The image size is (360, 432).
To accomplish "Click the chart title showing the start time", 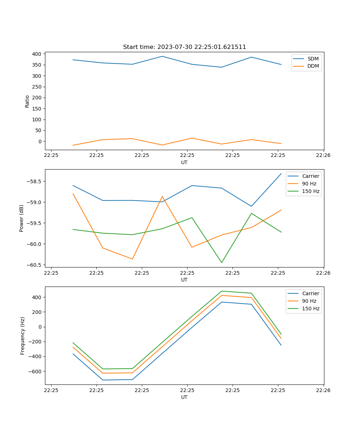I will pos(184,47).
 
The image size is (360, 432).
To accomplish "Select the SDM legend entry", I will pos(313,59).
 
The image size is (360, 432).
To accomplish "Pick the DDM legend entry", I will pos(313,66).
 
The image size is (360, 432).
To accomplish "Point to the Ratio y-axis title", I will pos(27,102).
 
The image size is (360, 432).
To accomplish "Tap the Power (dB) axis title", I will pos(22,218).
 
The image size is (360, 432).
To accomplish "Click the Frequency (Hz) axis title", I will pos(23,336).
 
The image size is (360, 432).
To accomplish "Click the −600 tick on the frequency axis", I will pos(35,372).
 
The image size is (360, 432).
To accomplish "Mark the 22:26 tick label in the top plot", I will pos(323,156).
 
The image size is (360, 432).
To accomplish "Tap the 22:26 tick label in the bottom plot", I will pos(323,390).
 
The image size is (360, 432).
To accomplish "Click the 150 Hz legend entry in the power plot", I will pos(311,192).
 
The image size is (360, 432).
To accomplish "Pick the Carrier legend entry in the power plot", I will pos(311,176).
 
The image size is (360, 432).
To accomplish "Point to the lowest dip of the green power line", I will pos(221,262).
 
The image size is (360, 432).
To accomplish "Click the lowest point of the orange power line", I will pos(132,259).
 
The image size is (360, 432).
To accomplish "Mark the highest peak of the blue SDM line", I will pos(162,56).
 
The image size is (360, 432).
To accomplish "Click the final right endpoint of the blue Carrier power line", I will pos(281,174).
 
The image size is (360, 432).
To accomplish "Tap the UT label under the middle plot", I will pos(184,280).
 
